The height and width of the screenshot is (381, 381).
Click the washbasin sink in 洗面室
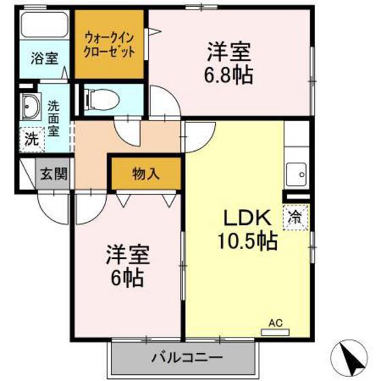tap(31, 107)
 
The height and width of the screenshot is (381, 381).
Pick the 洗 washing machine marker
tap(31, 139)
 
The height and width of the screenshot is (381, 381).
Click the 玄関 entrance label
tap(52, 173)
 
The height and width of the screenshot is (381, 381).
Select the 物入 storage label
tap(145, 173)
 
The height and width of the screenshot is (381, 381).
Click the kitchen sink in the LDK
tap(296, 174)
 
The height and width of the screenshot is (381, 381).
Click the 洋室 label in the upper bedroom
tap(229, 51)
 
